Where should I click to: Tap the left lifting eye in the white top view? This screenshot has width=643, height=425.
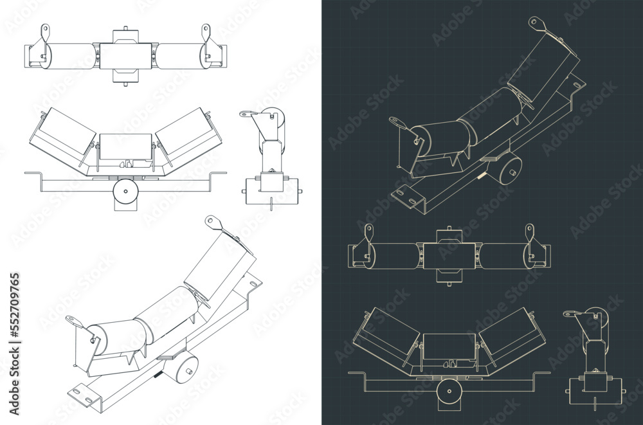pyautogui.click(x=44, y=30)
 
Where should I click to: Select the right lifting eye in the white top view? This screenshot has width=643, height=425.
pyautogui.click(x=206, y=30)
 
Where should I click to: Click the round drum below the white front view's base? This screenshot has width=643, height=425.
pyautogui.click(x=125, y=192)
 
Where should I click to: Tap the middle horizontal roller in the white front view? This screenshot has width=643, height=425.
pyautogui.click(x=126, y=147)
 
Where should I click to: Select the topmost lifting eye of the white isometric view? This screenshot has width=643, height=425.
pyautogui.click(x=210, y=221)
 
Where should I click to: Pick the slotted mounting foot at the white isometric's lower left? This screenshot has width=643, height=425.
pyautogui.click(x=80, y=392)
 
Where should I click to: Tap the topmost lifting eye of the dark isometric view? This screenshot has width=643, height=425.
pyautogui.click(x=534, y=23)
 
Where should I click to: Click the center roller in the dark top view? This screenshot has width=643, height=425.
pyautogui.click(x=449, y=255)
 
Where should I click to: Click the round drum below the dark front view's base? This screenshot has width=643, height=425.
pyautogui.click(x=449, y=391)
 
